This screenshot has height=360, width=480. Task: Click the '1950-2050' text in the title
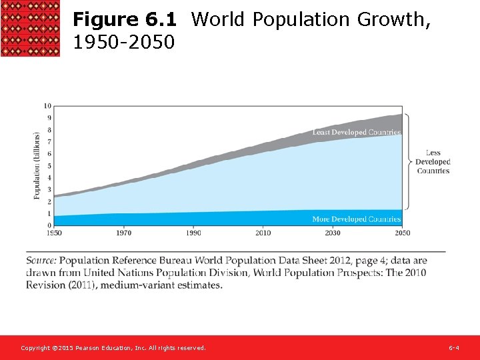point(123,43)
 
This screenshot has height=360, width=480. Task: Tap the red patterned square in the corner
point(30,28)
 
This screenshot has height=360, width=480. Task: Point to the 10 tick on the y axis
point(47,106)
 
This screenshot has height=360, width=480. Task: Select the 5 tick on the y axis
point(48,166)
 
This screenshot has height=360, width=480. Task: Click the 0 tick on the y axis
point(48,225)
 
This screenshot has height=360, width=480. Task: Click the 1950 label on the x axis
point(54,233)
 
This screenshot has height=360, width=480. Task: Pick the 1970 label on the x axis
point(123,233)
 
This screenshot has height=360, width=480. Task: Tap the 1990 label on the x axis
point(193,233)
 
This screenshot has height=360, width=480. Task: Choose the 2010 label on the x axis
point(263,233)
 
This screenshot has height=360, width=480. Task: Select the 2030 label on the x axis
point(333,233)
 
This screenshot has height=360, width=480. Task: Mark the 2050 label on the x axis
point(402,233)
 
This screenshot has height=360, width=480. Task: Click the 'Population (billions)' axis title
point(37,166)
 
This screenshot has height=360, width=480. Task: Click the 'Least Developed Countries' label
point(357,133)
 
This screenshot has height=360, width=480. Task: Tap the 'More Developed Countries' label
point(357,219)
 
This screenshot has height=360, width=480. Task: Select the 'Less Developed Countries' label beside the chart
point(433,162)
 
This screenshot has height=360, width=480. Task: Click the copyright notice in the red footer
point(113,348)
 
